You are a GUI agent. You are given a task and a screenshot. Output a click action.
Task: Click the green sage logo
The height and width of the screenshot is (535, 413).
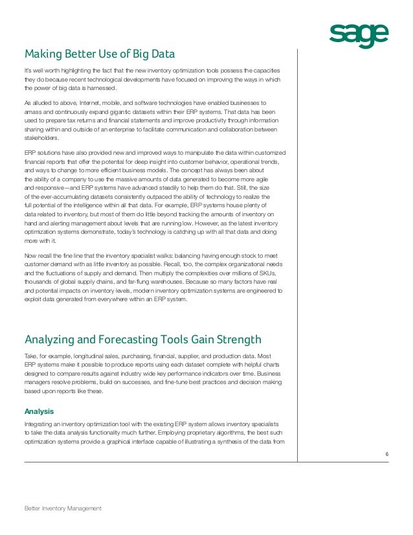point(359,36)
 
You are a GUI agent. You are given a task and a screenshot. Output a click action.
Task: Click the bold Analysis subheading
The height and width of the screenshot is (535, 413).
point(39,411)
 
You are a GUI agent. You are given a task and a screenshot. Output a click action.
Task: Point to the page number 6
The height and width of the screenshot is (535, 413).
point(386,453)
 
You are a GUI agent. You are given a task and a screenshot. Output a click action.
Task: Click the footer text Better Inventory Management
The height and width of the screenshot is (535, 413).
point(63,508)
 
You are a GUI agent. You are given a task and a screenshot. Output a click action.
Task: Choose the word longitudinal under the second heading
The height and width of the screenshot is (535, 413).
point(89,356)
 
